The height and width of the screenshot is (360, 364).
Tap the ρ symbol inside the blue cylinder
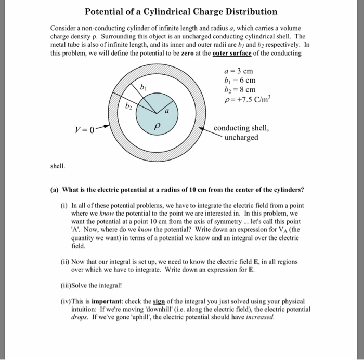click(155, 127)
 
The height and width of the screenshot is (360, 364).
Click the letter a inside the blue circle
click(167, 110)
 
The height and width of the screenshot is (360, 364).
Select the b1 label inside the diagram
click(137, 88)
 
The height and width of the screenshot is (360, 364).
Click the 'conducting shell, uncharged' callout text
click(243, 132)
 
